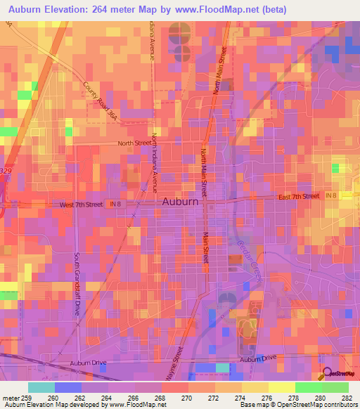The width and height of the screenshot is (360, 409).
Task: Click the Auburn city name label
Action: point(180,201)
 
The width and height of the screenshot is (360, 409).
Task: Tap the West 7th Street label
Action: point(81,204)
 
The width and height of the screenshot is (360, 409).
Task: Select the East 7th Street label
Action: point(298,196)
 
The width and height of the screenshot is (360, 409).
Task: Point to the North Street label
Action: point(134,143)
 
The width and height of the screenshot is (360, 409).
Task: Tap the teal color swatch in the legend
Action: point(41,387)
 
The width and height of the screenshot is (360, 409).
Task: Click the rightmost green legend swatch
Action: point(335,387)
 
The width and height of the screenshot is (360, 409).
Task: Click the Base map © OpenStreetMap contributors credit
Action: point(299,405)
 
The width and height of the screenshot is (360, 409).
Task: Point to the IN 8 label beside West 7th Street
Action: point(115,204)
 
